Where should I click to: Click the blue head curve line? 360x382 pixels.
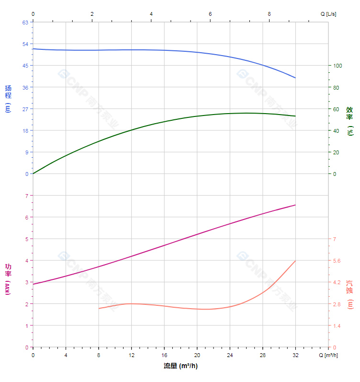click(144, 50)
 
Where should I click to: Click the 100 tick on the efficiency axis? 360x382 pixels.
click(337, 66)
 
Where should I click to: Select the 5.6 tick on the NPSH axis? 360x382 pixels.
click(337, 261)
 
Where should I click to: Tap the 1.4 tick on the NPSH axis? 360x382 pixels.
click(337, 326)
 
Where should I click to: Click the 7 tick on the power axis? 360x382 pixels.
click(27, 196)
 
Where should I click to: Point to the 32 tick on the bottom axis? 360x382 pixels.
click(295, 355)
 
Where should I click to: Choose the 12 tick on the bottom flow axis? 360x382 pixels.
click(131, 355)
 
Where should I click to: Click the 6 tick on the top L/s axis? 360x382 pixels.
click(210, 14)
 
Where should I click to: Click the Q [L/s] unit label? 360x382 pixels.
click(328, 14)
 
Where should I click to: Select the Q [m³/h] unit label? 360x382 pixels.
click(329, 355)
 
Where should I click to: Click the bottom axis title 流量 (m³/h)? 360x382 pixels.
click(180, 366)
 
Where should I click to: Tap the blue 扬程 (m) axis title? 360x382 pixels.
click(8, 98)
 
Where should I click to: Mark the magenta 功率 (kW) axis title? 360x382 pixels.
click(8, 279)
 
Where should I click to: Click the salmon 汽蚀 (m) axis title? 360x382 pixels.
click(350, 294)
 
